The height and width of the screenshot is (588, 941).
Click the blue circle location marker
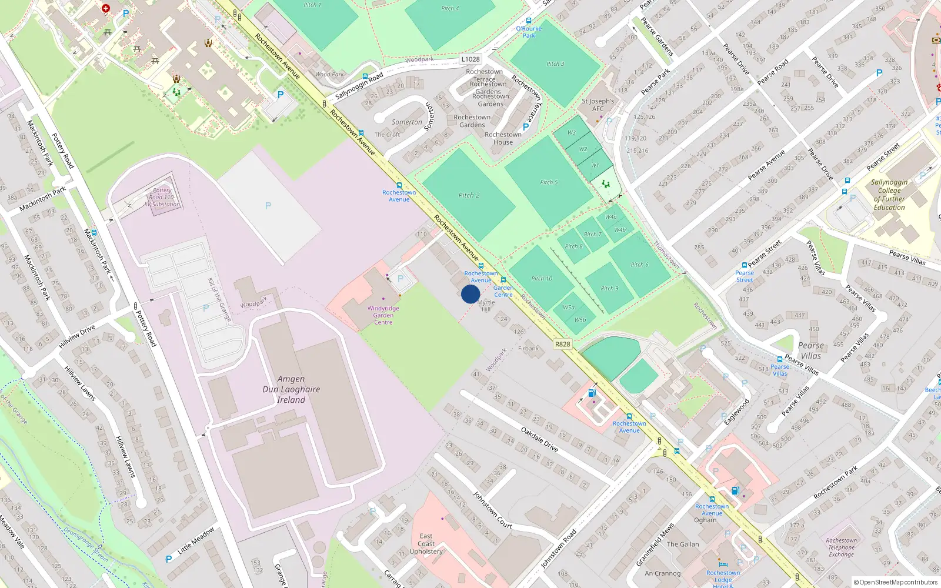click(x=470, y=294)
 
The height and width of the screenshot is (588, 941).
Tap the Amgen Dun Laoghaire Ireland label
click(x=291, y=389)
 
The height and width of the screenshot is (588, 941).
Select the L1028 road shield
click(x=470, y=59)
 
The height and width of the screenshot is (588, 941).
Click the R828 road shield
click(x=562, y=344)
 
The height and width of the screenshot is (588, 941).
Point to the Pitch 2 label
click(x=469, y=195)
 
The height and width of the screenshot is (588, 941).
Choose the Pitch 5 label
click(x=549, y=182)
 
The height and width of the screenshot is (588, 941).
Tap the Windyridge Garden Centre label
click(x=383, y=315)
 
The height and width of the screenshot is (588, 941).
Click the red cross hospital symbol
click(x=106, y=8)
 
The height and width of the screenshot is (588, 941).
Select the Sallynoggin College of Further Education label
click(x=889, y=195)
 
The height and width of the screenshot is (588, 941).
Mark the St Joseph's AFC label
click(x=598, y=105)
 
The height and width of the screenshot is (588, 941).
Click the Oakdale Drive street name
click(x=539, y=440)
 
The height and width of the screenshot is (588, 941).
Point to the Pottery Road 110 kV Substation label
click(x=162, y=198)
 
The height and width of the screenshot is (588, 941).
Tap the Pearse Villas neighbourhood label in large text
click(x=810, y=350)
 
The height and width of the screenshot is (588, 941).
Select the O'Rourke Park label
click(x=529, y=32)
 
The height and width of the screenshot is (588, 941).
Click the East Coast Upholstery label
click(x=426, y=544)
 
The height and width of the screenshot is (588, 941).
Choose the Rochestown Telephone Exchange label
click(x=841, y=547)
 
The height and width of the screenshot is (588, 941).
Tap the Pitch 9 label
click(x=609, y=289)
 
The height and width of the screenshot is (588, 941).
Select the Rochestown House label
click(x=503, y=138)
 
